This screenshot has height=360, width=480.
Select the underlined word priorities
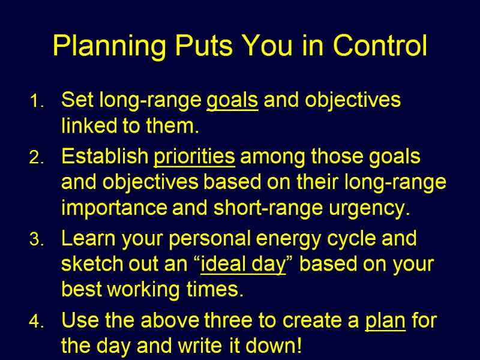194,158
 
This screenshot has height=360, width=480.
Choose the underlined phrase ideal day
242,265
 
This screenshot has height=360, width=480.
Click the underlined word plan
385,322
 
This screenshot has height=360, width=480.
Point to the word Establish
104,157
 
